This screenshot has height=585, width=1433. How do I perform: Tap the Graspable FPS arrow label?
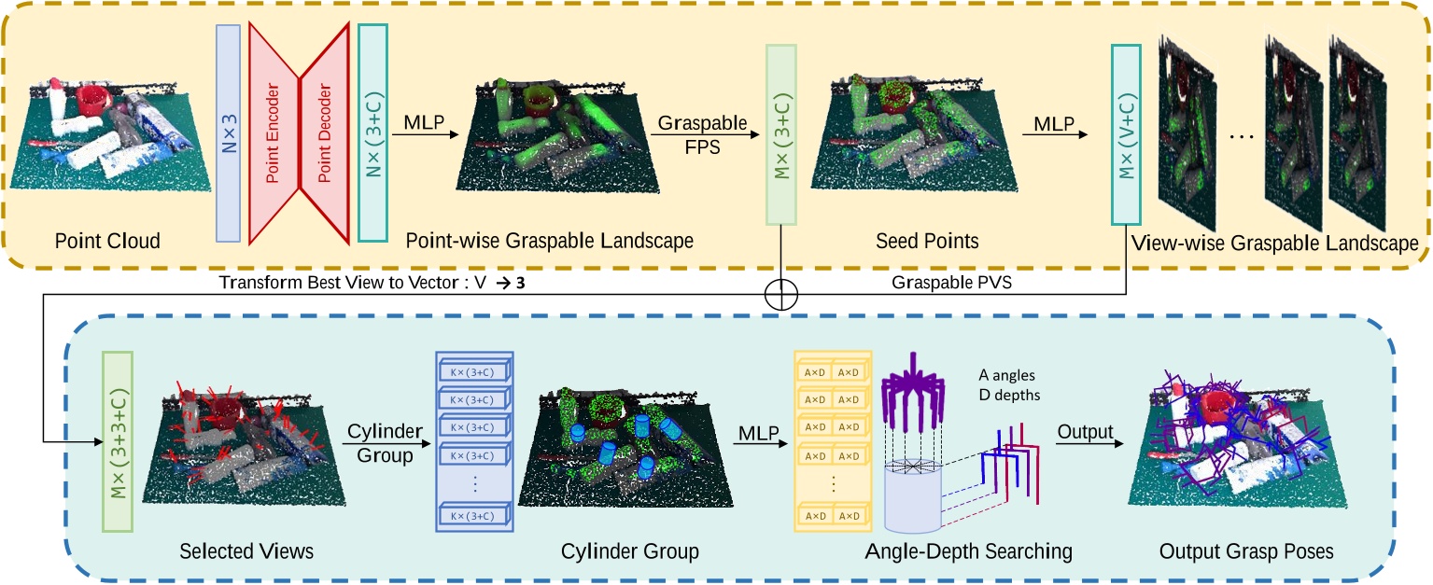pos(689,134)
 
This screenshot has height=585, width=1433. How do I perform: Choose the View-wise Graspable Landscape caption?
pos(1274,244)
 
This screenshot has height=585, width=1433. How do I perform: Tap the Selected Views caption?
pos(246,551)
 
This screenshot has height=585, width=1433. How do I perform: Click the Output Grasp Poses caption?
pos(1246,551)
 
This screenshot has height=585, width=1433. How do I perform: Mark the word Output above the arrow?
pos(1087,431)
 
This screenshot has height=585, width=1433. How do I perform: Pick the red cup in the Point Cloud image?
pos(94,97)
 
